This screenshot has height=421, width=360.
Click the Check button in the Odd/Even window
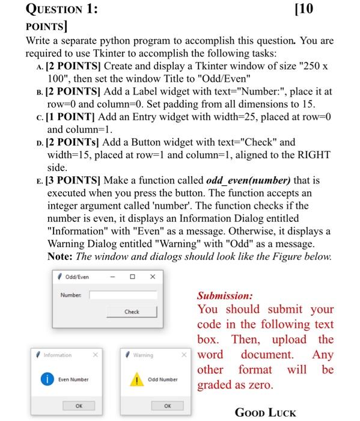click(132, 312)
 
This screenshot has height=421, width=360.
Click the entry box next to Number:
click(124, 295)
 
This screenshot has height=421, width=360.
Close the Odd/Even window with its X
click(153, 277)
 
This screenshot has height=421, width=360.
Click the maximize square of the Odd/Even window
click(132, 277)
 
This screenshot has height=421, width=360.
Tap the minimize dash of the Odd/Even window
click(112, 277)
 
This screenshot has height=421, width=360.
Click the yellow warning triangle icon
click(137, 380)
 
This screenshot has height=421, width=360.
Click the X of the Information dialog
click(95, 355)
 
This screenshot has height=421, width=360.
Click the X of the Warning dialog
click(185, 355)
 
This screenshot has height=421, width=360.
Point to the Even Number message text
click(73, 380)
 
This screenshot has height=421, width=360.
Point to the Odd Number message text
click(163, 380)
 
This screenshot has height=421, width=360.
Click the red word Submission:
click(225, 296)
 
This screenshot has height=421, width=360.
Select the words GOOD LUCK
click(266, 413)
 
